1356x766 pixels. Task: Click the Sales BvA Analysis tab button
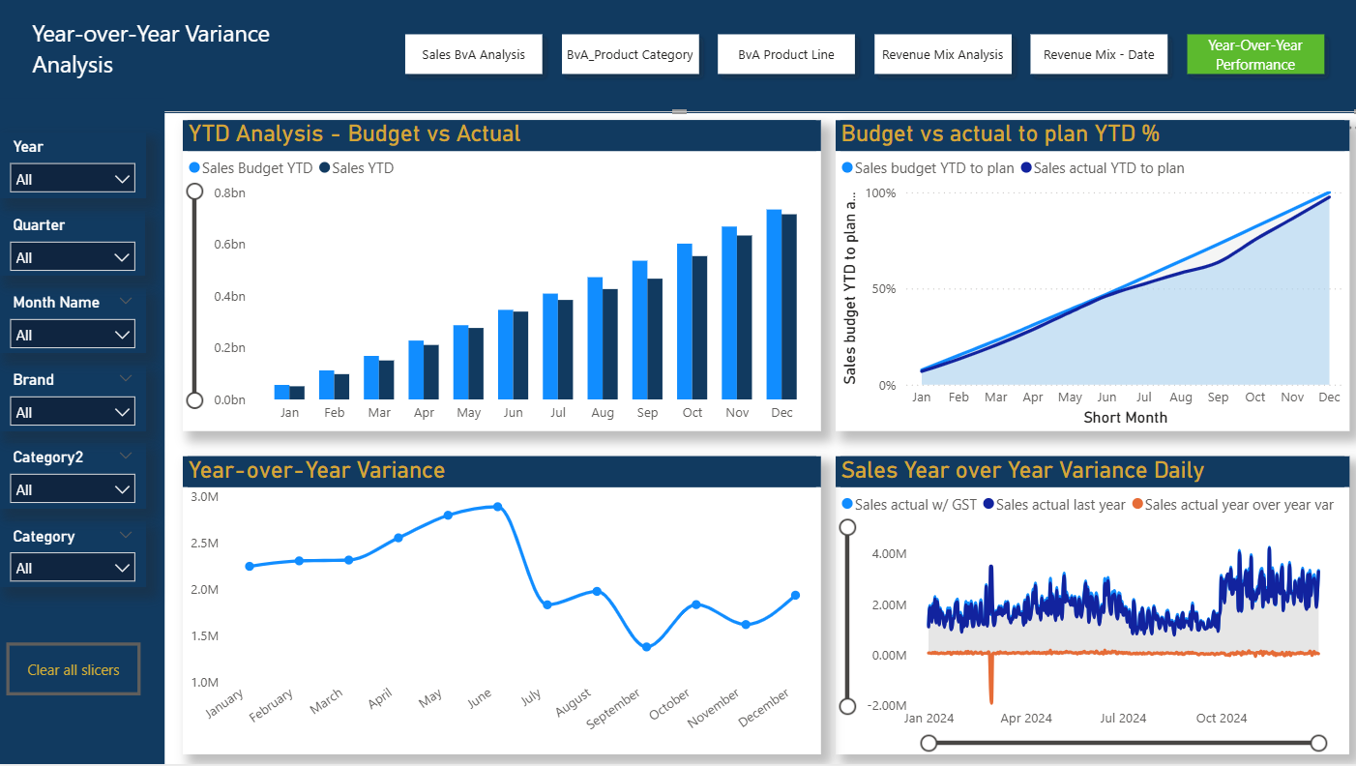[473, 54]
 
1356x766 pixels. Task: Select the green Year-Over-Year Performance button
[1254, 54]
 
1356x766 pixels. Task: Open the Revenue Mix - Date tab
[1099, 54]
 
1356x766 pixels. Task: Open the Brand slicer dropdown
[73, 412]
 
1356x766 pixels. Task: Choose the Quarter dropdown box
[73, 257]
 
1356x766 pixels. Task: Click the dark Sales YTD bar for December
[789, 307]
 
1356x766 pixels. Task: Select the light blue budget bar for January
[281, 392]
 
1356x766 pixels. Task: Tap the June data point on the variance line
[498, 507]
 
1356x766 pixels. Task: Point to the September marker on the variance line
[646, 647]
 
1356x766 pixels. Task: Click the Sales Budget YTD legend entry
[251, 167]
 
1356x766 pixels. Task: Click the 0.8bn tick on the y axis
[229, 192]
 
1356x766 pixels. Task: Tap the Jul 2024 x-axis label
[1123, 719]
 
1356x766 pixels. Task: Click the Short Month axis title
[1125, 418]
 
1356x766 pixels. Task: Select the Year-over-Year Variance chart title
[316, 470]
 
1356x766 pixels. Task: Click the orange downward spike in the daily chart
[990, 682]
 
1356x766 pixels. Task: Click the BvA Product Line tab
[785, 54]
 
